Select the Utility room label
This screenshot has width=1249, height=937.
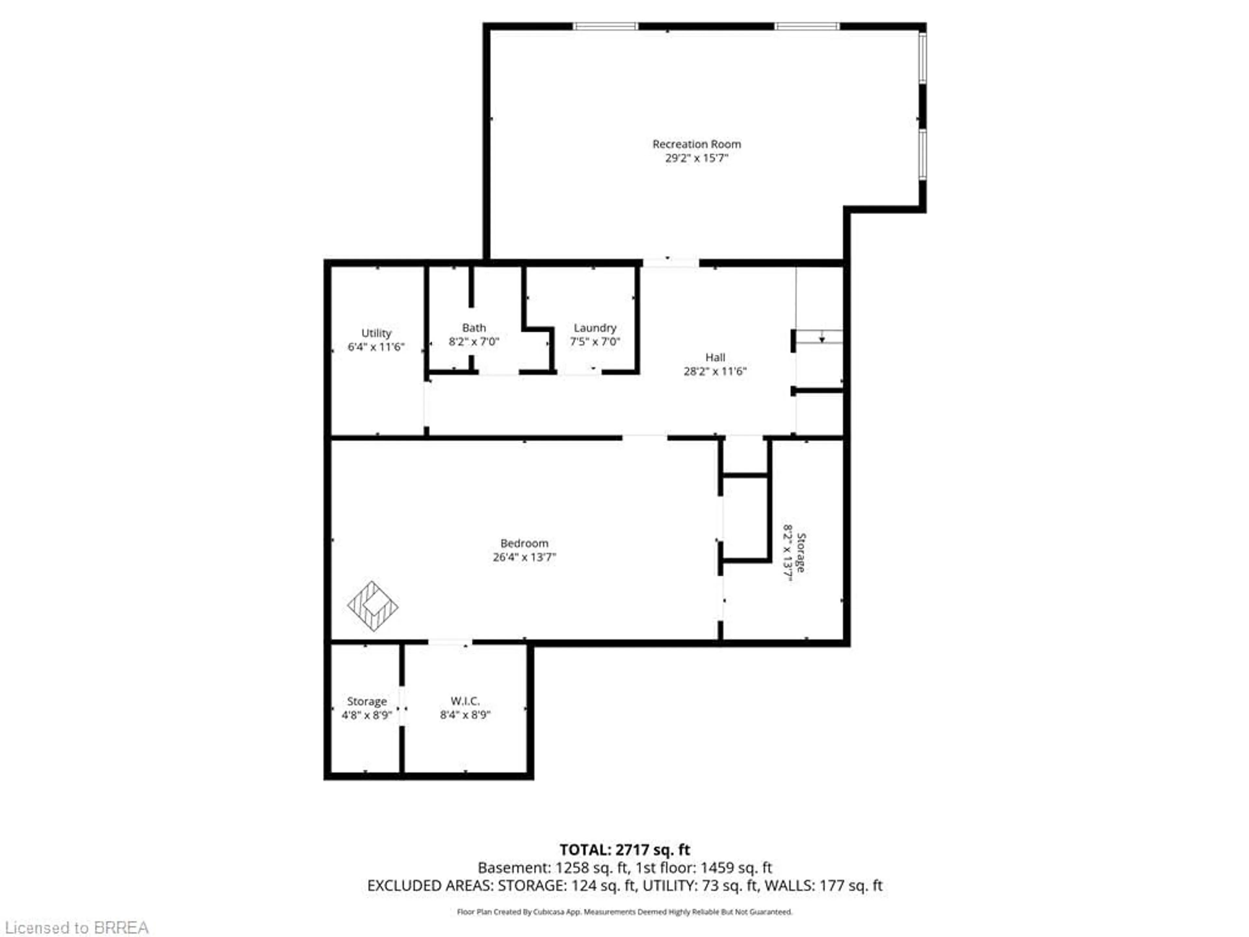[x=376, y=333]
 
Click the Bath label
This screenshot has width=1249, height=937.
[x=474, y=328]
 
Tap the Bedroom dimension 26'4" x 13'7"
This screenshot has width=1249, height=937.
[x=524, y=557]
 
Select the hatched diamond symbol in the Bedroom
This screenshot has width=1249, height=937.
[x=373, y=606]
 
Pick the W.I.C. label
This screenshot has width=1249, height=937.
[x=465, y=701]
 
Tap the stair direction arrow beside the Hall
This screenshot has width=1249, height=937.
[x=822, y=339]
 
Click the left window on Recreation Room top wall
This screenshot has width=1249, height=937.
[x=605, y=26]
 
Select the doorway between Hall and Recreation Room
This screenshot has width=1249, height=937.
[x=670, y=263]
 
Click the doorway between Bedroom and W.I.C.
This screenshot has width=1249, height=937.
[x=450, y=642]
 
